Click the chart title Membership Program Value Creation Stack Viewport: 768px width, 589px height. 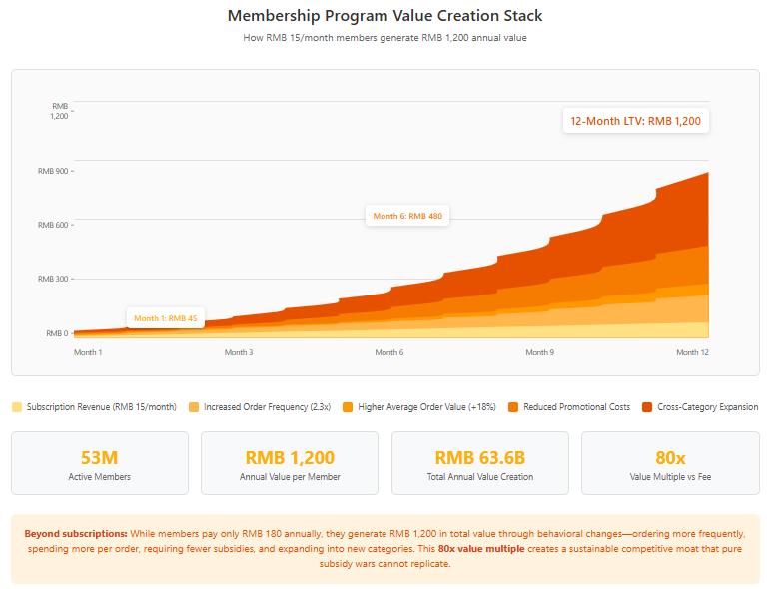(384, 16)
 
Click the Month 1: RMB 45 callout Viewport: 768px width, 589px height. (166, 318)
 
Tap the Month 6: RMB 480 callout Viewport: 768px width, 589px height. (406, 216)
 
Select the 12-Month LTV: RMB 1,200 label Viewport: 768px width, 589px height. (635, 121)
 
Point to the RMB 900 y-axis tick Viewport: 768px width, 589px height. (54, 171)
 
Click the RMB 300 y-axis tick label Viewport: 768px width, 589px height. (54, 279)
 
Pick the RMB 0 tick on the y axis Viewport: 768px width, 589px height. (57, 333)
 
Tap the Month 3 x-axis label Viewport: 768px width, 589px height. (238, 352)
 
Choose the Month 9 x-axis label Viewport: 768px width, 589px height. (540, 352)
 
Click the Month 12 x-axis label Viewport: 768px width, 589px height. (692, 352)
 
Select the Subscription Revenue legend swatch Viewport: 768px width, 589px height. (16, 407)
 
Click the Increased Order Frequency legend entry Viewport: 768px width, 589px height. (259, 407)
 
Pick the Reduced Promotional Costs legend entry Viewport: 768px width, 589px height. (569, 407)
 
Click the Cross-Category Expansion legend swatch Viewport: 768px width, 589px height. (648, 407)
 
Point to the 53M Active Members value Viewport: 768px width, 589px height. (99, 458)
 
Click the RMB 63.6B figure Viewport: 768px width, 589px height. (479, 458)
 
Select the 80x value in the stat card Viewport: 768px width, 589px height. (670, 458)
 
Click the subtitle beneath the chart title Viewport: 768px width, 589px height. (384, 38)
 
